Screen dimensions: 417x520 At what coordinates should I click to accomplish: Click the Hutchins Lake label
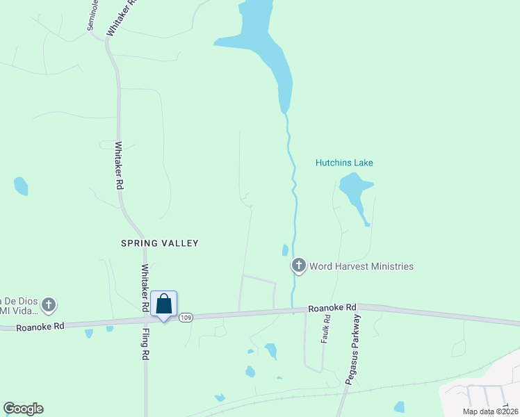(344, 163)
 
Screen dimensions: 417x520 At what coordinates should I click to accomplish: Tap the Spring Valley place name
(160, 243)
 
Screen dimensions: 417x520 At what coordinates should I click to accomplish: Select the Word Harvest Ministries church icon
(298, 265)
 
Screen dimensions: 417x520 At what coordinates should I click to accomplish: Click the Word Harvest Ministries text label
(361, 266)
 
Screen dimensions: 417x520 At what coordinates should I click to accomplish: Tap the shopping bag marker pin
(164, 305)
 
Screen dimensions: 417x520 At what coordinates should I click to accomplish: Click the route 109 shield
(185, 318)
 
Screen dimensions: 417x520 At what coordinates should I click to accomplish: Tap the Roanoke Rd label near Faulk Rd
(332, 306)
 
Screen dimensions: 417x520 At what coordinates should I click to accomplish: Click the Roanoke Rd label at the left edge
(40, 326)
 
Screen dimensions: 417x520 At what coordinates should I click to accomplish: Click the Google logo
(23, 409)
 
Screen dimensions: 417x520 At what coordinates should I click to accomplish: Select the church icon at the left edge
(48, 304)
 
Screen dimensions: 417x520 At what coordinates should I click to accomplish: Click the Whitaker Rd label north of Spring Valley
(119, 166)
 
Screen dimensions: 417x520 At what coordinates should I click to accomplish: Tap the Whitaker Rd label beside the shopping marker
(145, 288)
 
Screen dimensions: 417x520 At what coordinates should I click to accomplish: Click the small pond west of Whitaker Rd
(21, 186)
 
